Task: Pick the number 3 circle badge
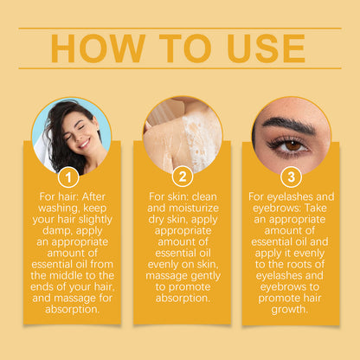coord(290,177)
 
